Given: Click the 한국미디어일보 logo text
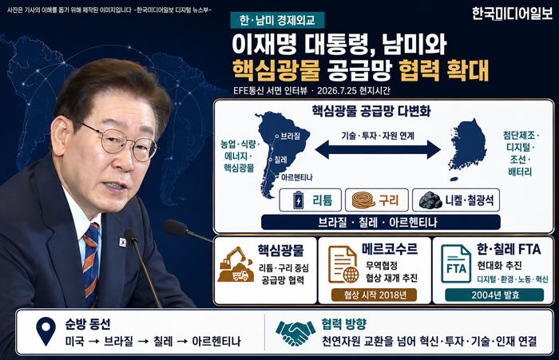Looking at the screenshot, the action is pos(512,14).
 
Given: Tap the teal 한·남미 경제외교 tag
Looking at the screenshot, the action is pos(277,20).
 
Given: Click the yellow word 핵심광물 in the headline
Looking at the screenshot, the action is pos(276,70).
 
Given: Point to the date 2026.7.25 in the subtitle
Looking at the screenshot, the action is pos(336,90).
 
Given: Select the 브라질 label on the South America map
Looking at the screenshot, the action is pos(290,136).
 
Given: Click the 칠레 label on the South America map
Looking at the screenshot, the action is pos(280,160).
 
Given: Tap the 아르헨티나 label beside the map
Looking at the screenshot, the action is pos(296,177).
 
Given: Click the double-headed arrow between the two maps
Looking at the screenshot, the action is pos(378,149).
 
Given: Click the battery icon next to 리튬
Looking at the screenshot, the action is pos(299,200).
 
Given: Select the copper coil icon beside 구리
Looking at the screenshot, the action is pos(363,200).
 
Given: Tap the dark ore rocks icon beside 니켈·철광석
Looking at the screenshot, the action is pos(430,200).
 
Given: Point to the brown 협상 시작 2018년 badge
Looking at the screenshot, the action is pos(374,295).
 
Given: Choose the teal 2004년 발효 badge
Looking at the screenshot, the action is pos(494,295).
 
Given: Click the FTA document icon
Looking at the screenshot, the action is pos(456,263).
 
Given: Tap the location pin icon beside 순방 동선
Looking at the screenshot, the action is pos(46,331).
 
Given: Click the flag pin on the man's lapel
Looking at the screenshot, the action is pos(122,243).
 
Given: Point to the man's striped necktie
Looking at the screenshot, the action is pos(91,263).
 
